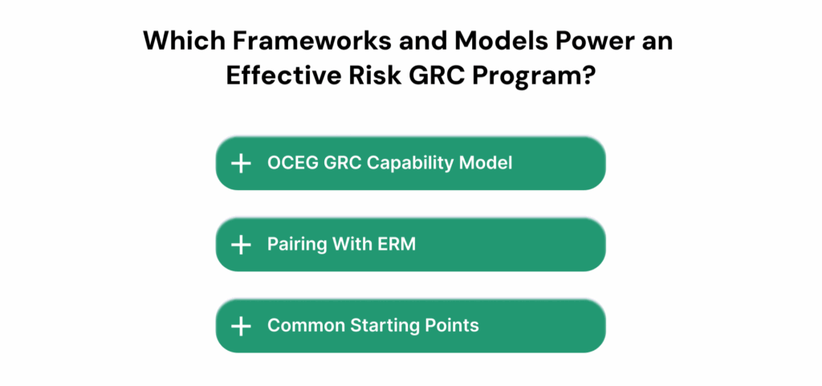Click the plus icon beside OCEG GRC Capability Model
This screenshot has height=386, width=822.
point(241,163)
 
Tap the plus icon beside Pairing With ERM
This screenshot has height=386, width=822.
point(241,245)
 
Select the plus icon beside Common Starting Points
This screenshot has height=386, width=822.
point(241,326)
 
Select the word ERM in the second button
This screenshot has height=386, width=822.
point(397,244)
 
